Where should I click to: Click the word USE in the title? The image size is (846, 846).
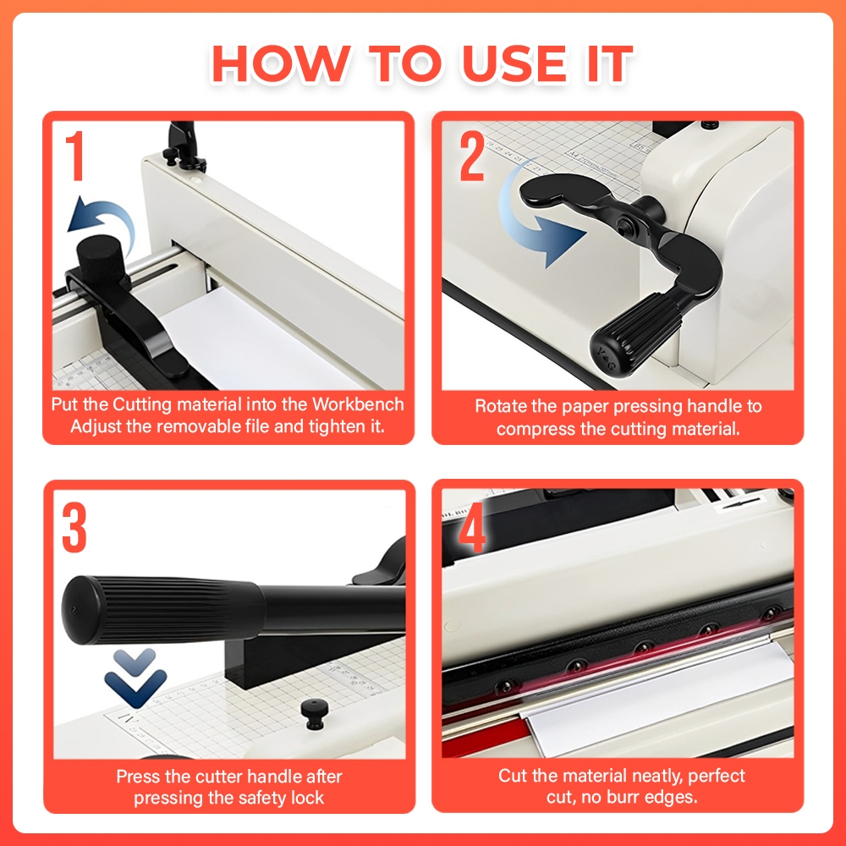[514, 63]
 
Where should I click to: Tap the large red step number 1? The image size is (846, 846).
[75, 156]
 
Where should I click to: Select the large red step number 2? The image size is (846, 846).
[472, 156]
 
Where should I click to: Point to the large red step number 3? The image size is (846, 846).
[74, 527]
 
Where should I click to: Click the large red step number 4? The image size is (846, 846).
[472, 527]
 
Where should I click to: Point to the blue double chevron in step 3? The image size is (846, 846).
[135, 678]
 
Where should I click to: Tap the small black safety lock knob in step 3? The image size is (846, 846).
[314, 714]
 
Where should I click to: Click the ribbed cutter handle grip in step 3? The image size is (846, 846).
[162, 610]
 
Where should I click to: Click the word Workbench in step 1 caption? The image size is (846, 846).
[358, 404]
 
